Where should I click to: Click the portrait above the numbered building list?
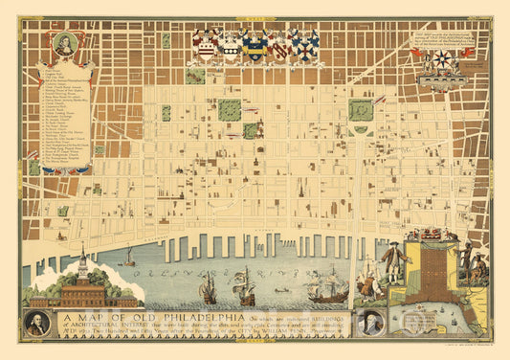[63, 45]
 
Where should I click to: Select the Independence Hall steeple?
[83, 259]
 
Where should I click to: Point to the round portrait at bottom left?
[37, 323]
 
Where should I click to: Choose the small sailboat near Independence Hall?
[128, 258]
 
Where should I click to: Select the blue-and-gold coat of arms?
[255, 44]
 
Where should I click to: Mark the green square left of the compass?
[361, 110]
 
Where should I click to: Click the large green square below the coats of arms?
[230, 109]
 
